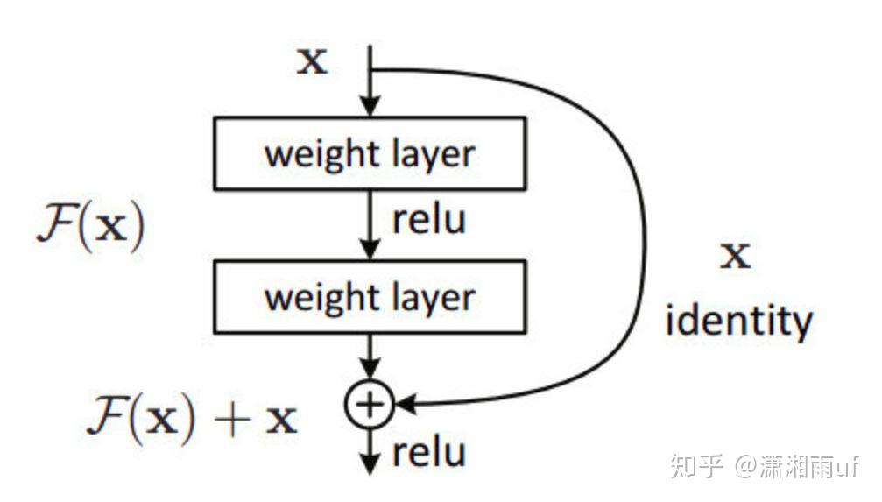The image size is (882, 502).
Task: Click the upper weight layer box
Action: [370, 153]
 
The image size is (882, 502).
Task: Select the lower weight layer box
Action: [370, 296]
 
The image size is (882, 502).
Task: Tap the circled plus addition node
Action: [370, 404]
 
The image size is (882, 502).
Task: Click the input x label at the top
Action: [313, 62]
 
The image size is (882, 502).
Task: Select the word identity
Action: [738, 322]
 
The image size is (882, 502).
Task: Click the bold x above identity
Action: [735, 257]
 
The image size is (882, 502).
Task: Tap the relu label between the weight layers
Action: [427, 220]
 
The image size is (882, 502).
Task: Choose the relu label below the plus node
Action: [427, 454]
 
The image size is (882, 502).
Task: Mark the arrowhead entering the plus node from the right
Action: [405, 404]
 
